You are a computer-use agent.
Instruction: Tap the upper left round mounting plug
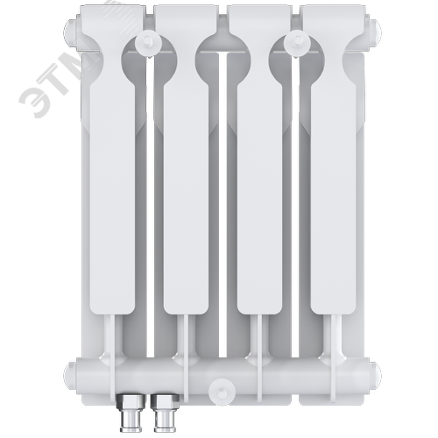(149, 44)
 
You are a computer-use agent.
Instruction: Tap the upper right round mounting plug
(297, 44)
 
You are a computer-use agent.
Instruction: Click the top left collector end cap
(72, 33)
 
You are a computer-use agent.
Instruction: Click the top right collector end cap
(376, 33)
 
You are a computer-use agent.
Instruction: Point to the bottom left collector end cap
(71, 374)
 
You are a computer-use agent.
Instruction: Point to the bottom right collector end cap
(376, 374)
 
